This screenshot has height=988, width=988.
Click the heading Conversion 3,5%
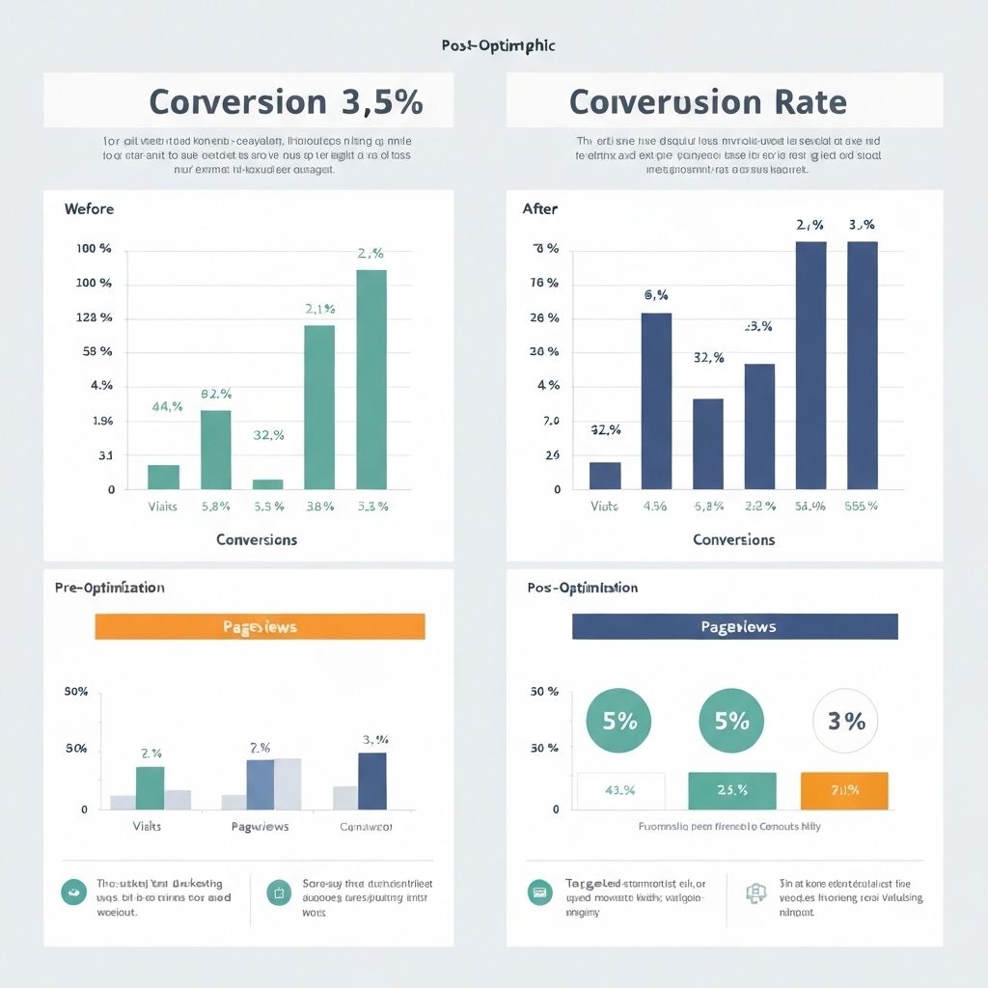pyautogui.click(x=287, y=102)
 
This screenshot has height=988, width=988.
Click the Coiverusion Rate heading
pyautogui.click(x=708, y=102)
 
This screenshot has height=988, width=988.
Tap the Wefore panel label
pyautogui.click(x=89, y=208)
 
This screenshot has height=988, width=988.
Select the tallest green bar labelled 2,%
pyautogui.click(x=371, y=378)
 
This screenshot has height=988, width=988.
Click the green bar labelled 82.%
pyautogui.click(x=216, y=449)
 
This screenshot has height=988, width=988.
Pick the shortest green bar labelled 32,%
pyautogui.click(x=268, y=483)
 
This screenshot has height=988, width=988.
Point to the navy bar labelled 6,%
pyautogui.click(x=656, y=400)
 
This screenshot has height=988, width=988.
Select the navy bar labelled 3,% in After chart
pyautogui.click(x=863, y=365)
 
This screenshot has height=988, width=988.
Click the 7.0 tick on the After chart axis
pyautogui.click(x=552, y=421)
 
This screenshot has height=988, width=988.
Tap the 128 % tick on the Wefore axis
pyautogui.click(x=94, y=317)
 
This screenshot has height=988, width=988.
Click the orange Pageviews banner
pyautogui.click(x=260, y=627)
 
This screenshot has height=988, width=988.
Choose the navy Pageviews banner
pyautogui.click(x=735, y=627)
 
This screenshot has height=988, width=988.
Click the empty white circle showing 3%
pyautogui.click(x=846, y=721)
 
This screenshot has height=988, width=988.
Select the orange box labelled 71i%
pyautogui.click(x=844, y=790)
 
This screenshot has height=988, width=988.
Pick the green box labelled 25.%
pyautogui.click(x=732, y=790)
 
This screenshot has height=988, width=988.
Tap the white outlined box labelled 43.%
pyautogui.click(x=620, y=790)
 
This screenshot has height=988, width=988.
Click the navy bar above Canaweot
pyautogui.click(x=372, y=781)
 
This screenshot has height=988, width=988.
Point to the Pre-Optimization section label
pyautogui.click(x=109, y=588)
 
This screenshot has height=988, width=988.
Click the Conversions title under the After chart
pyautogui.click(x=734, y=539)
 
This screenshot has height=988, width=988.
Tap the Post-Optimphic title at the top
pyautogui.click(x=498, y=45)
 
